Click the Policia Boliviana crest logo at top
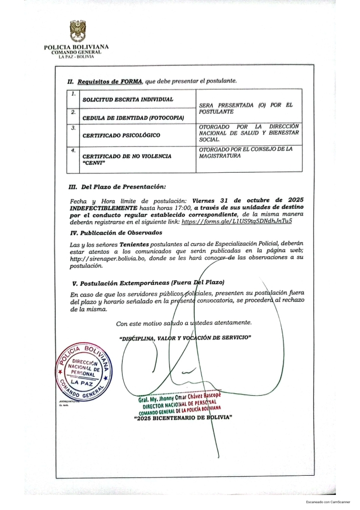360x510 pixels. [x=78, y=31]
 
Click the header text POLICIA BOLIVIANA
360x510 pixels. [x=77, y=47]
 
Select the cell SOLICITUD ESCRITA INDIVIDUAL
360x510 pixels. [x=120, y=99]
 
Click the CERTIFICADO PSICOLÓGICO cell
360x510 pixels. [x=121, y=136]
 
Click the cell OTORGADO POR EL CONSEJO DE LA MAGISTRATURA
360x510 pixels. [x=246, y=152]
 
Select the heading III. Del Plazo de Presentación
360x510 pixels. [x=118, y=186]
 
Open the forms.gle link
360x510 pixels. [x=237, y=222]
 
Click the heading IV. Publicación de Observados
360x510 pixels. [x=116, y=232]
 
